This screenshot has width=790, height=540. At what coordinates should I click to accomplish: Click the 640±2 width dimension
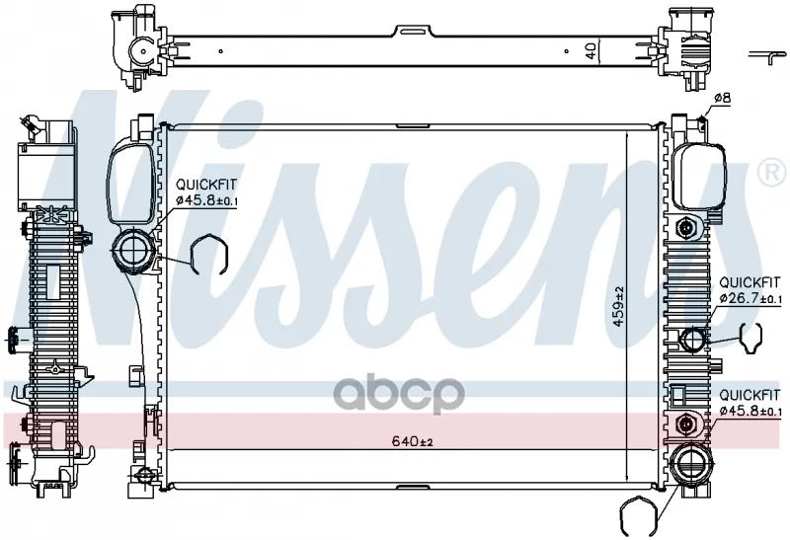[413, 441]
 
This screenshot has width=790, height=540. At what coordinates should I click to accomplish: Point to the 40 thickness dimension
[591, 49]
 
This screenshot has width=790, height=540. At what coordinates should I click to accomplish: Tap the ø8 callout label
[721, 98]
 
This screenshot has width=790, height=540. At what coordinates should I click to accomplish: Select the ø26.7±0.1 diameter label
[750, 298]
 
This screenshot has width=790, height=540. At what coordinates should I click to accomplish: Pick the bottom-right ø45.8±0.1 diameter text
[750, 411]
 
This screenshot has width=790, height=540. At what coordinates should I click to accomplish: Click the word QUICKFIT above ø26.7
[750, 281]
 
